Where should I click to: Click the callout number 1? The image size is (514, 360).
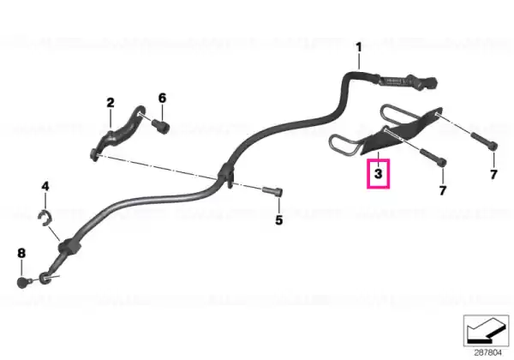pyautogui.click(x=359, y=47)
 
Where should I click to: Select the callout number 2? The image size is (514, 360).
pyautogui.click(x=111, y=103)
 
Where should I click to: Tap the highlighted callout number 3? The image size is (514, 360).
pyautogui.click(x=379, y=173)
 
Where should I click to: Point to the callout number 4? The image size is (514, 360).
pyautogui.click(x=45, y=186)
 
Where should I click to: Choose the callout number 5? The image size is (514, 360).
pyautogui.click(x=278, y=220)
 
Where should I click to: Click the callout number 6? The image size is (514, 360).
pyautogui.click(x=162, y=98)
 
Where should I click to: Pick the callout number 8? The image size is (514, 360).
pyautogui.click(x=21, y=253)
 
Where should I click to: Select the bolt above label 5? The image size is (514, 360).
pyautogui.click(x=272, y=191)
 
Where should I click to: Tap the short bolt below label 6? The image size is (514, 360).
pyautogui.click(x=160, y=126)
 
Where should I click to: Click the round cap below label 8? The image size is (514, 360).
pyautogui.click(x=23, y=283)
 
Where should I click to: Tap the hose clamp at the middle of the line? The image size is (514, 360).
pyautogui.click(x=228, y=175)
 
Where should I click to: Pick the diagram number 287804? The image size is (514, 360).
pyautogui.click(x=487, y=353)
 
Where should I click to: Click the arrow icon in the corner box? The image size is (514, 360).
pyautogui.click(x=486, y=331)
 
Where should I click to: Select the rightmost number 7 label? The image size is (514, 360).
pyautogui.click(x=493, y=174)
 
